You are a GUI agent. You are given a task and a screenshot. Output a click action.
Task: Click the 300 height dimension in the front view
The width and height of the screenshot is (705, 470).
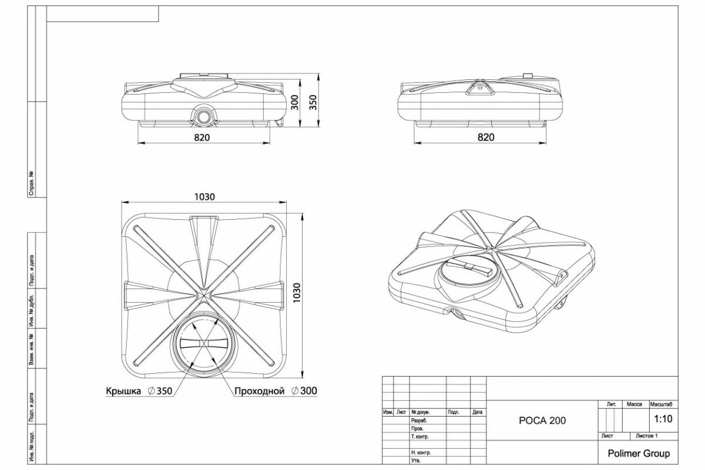click(295, 103)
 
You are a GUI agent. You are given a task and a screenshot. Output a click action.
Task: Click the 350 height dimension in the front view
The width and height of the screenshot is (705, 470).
click(313, 103)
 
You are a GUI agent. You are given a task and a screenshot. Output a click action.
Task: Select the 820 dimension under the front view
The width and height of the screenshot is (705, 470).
click(202, 137)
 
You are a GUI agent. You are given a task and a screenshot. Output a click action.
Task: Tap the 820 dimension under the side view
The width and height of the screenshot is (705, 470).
click(486, 137)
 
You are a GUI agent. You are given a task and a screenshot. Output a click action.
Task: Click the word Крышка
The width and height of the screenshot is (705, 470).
click(123, 391)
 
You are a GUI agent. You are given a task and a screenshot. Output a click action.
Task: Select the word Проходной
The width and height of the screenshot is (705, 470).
click(259, 391)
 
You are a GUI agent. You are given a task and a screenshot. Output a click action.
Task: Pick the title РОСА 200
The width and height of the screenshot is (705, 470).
click(542, 421)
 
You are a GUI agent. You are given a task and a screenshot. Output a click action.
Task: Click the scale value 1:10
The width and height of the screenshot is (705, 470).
click(663, 419)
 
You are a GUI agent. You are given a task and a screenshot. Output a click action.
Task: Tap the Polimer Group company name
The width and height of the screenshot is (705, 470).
click(637, 454)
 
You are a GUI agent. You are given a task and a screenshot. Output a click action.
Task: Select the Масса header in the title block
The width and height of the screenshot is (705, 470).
click(634, 405)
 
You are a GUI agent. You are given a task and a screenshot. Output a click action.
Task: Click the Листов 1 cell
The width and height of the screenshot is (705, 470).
click(646, 436)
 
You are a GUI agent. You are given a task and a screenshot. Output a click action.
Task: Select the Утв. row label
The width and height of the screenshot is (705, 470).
click(416, 461)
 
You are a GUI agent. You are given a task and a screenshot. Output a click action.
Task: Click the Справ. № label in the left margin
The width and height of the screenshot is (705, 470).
click(31, 184)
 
